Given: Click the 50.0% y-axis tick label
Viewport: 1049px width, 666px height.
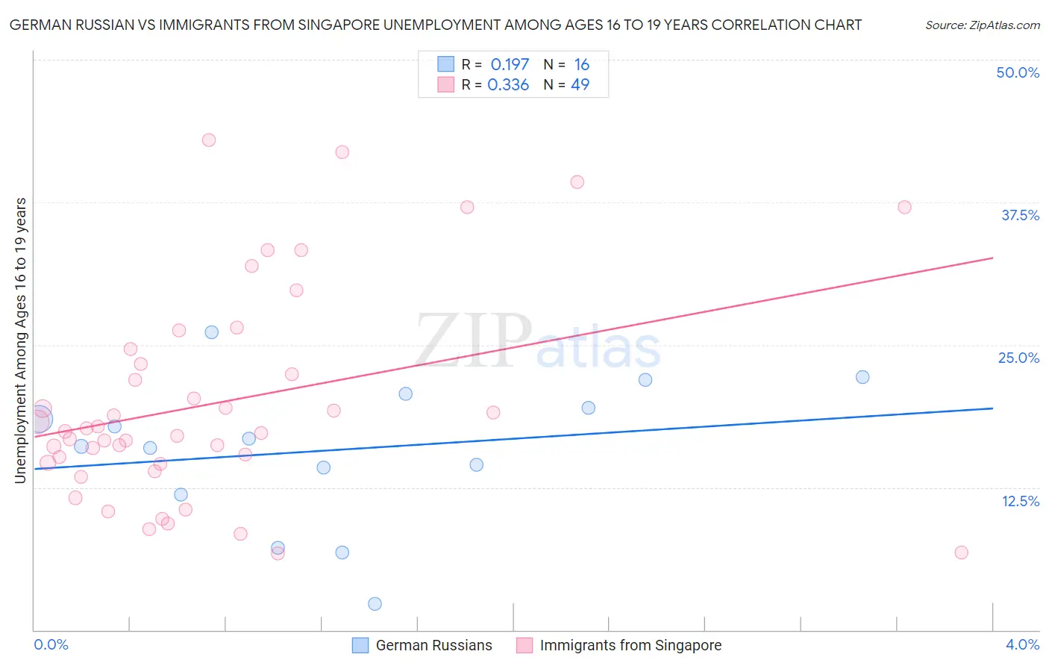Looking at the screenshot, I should tap(1018, 72).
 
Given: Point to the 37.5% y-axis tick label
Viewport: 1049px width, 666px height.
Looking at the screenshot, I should tap(1020, 215).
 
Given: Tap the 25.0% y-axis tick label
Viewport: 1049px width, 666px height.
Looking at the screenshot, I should tap(1018, 358).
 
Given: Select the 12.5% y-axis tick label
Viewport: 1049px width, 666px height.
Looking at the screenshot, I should tap(1020, 501).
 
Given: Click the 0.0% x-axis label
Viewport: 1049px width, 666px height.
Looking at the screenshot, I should tap(51, 644).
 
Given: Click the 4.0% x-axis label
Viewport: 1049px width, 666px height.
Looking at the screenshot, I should tap(1022, 644).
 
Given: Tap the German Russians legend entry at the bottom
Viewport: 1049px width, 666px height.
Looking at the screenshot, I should tap(422, 645).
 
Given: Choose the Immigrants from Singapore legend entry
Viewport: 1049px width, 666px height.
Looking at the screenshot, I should tap(619, 645).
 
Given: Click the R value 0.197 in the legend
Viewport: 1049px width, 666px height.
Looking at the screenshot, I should tap(510, 64).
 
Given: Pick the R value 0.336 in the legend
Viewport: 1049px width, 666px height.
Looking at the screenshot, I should tap(508, 84).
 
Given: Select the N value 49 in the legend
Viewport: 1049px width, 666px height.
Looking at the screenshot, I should tap(580, 84).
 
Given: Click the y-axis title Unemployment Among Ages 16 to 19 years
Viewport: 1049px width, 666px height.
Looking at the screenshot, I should tap(20, 340).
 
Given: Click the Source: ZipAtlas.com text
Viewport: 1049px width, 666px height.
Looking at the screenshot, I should tap(983, 25).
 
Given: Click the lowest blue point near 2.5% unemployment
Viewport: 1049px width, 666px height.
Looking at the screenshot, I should tap(375, 604).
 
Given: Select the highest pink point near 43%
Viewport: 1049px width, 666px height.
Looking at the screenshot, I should tap(209, 140).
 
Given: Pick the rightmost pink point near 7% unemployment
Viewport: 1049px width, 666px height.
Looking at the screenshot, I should tap(961, 553).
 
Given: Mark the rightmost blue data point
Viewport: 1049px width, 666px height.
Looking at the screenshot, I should tap(862, 377).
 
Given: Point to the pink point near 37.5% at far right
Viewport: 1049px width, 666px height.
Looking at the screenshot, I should tap(904, 208).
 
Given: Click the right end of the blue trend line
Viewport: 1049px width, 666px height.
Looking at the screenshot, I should tap(992, 408).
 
